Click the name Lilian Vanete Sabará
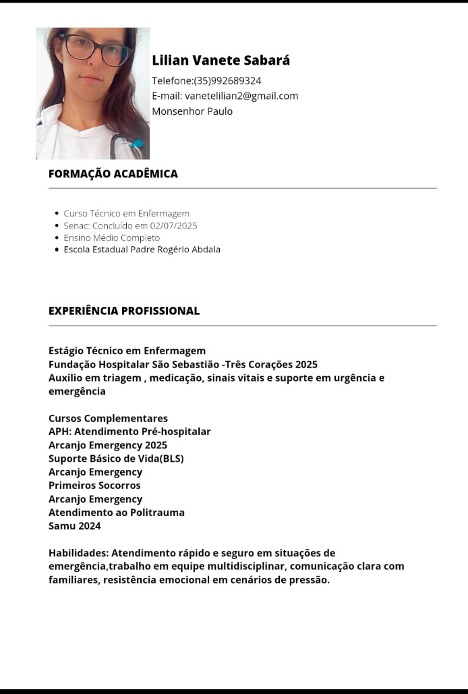coord(221,60)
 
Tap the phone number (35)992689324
coord(227,81)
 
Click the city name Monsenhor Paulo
coord(192,111)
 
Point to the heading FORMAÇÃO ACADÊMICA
coord(113,173)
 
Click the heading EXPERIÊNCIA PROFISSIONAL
coord(124,311)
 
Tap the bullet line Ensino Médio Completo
coord(111,237)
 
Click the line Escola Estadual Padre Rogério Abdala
coord(142,250)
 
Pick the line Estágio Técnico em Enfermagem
coord(127,351)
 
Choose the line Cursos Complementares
coord(108,418)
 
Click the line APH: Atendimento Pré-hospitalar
coord(129,432)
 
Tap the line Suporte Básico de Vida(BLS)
coord(116,459)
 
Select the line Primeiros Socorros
coord(94,486)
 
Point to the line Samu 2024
coord(74,526)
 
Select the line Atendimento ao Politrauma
coord(116,513)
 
